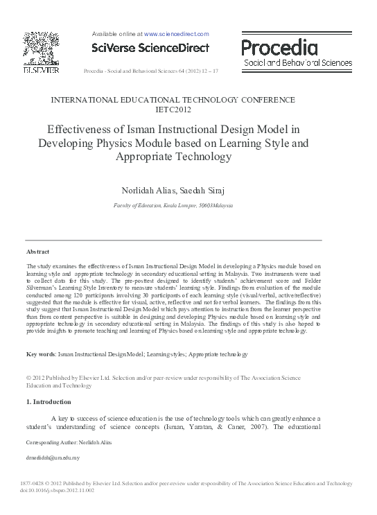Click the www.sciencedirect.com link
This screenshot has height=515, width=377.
pyautogui.click(x=176, y=33)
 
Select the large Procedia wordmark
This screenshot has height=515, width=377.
pyautogui.click(x=279, y=47)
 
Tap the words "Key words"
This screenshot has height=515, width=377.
pyautogui.click(x=41, y=354)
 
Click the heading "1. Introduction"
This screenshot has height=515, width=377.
pyautogui.click(x=49, y=401)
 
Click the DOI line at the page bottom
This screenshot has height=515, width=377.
pyautogui.click(x=60, y=490)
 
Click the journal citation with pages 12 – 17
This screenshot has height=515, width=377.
pyautogui.click(x=150, y=71)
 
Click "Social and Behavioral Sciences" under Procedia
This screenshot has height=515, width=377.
pyautogui.click(x=297, y=62)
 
